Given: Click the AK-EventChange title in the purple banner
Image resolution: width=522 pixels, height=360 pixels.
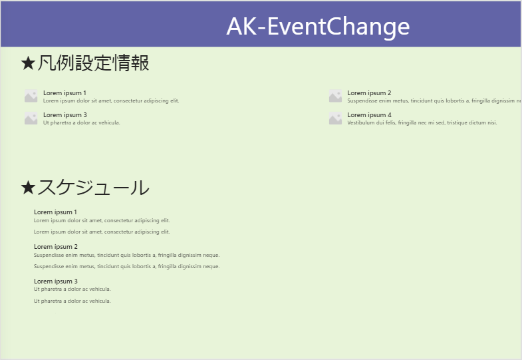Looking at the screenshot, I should click(318, 27).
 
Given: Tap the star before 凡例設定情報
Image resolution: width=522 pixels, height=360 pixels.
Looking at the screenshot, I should click(28, 63).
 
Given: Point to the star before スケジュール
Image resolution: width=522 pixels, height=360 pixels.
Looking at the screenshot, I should click(28, 188).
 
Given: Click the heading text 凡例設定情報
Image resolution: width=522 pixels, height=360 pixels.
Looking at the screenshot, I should click(92, 63).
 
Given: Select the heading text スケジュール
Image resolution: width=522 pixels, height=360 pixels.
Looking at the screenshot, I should click(92, 188).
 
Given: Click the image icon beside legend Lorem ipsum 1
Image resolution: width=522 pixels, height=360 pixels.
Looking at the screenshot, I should click(31, 96).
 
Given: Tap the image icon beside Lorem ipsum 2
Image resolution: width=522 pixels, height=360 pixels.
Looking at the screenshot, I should click(335, 96).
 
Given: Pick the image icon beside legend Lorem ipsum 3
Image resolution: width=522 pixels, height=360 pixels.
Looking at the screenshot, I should click(31, 118).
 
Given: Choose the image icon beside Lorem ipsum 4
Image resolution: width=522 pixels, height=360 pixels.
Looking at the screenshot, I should click(335, 118).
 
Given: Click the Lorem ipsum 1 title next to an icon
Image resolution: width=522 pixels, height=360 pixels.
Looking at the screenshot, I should click(65, 92).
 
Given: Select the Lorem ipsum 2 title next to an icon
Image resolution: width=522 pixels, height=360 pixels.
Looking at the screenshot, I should click(369, 92).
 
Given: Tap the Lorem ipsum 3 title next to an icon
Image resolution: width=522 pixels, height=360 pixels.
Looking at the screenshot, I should click(65, 115).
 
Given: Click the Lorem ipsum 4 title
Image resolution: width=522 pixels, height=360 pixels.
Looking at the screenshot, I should click(369, 115).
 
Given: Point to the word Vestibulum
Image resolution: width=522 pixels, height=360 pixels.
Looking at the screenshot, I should click(360, 123).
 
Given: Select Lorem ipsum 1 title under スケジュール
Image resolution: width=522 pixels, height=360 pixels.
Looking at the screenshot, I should click(55, 212).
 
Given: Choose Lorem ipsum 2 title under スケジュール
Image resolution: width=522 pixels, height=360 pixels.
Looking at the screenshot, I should click(55, 247).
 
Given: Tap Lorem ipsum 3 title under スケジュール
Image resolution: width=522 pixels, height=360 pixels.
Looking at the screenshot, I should click(55, 281).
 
